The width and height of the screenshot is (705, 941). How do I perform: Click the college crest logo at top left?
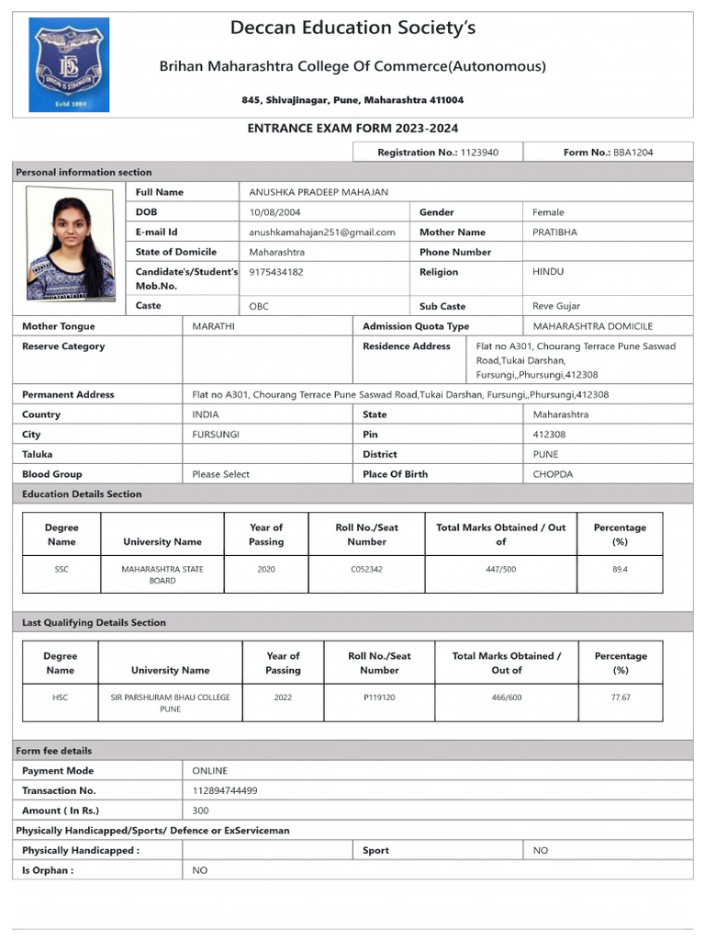tap(69, 65)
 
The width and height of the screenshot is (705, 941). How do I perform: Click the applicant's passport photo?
tap(72, 244)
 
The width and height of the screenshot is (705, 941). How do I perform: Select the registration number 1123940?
tap(479, 153)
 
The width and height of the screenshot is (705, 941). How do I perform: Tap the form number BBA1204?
tap(633, 153)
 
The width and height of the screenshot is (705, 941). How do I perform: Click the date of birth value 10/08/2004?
tap(274, 212)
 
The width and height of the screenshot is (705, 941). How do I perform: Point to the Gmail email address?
tap(322, 232)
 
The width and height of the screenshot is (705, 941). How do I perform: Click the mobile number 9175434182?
tap(276, 272)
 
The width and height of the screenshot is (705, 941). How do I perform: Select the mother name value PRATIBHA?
tap(555, 232)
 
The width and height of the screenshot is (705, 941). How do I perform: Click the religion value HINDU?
tap(548, 272)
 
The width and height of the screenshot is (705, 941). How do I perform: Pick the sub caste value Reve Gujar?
tap(556, 306)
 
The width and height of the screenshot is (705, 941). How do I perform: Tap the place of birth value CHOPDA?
tap(553, 474)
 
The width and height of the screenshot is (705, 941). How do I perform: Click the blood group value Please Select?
tap(220, 474)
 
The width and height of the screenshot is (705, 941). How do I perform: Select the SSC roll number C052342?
tap(366, 570)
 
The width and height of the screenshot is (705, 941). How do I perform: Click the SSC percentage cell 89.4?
tap(620, 570)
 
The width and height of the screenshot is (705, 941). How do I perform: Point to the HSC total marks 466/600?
tap(506, 697)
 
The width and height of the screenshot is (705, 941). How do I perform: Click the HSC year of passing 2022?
tap(283, 697)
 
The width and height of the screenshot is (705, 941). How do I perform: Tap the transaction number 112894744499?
tap(225, 790)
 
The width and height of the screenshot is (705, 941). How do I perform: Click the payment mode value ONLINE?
tap(209, 771)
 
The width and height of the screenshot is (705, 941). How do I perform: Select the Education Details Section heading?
tap(82, 494)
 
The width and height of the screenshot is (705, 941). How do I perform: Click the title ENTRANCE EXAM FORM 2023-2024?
tap(352, 129)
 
